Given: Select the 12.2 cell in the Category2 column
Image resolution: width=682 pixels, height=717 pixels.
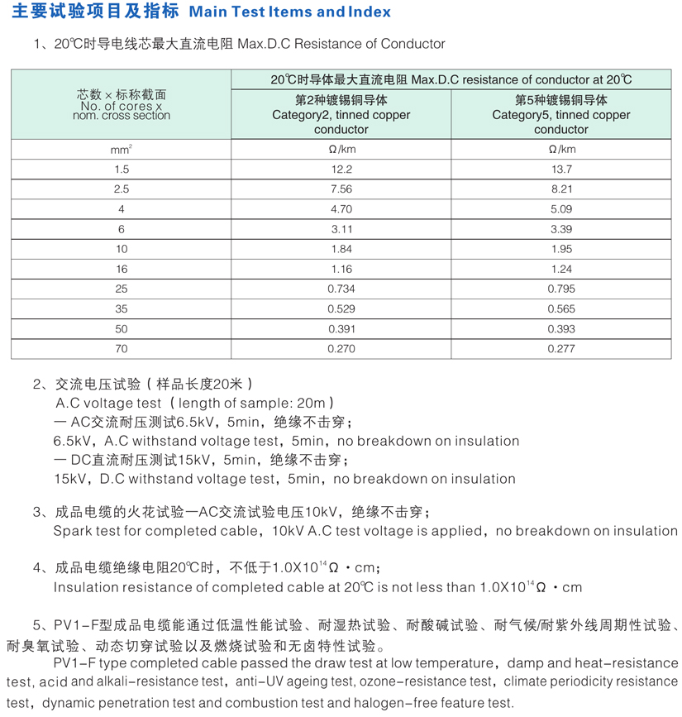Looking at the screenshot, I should (341, 170).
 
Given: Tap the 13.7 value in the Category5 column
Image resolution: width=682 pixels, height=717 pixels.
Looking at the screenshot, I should (561, 170).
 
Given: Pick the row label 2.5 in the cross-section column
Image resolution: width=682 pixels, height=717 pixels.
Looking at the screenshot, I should (122, 189).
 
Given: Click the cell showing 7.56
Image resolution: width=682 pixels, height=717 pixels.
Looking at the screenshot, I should (341, 189).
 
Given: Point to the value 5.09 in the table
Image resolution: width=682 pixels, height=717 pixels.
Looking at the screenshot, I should (561, 209).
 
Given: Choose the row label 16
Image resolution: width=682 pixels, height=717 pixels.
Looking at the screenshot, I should (122, 269).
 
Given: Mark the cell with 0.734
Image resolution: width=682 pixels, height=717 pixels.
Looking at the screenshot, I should (341, 289).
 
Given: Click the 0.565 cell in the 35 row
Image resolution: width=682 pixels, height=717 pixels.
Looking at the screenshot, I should (561, 308).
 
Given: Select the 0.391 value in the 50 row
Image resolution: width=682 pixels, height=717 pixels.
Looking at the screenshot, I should (341, 328).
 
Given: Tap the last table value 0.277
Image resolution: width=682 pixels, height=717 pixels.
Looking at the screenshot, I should (561, 349).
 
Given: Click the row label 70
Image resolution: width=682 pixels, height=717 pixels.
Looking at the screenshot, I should (122, 349).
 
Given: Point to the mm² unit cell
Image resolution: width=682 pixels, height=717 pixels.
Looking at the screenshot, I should (122, 150).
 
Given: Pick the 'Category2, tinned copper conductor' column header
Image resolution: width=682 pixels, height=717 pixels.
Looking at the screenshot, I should (341, 115).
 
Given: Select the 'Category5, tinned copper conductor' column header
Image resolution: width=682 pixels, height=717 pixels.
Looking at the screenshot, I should (561, 115).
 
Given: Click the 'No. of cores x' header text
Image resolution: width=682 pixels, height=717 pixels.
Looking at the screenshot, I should (122, 106).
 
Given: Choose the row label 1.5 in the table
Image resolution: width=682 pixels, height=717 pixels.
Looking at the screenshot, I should (122, 170).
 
